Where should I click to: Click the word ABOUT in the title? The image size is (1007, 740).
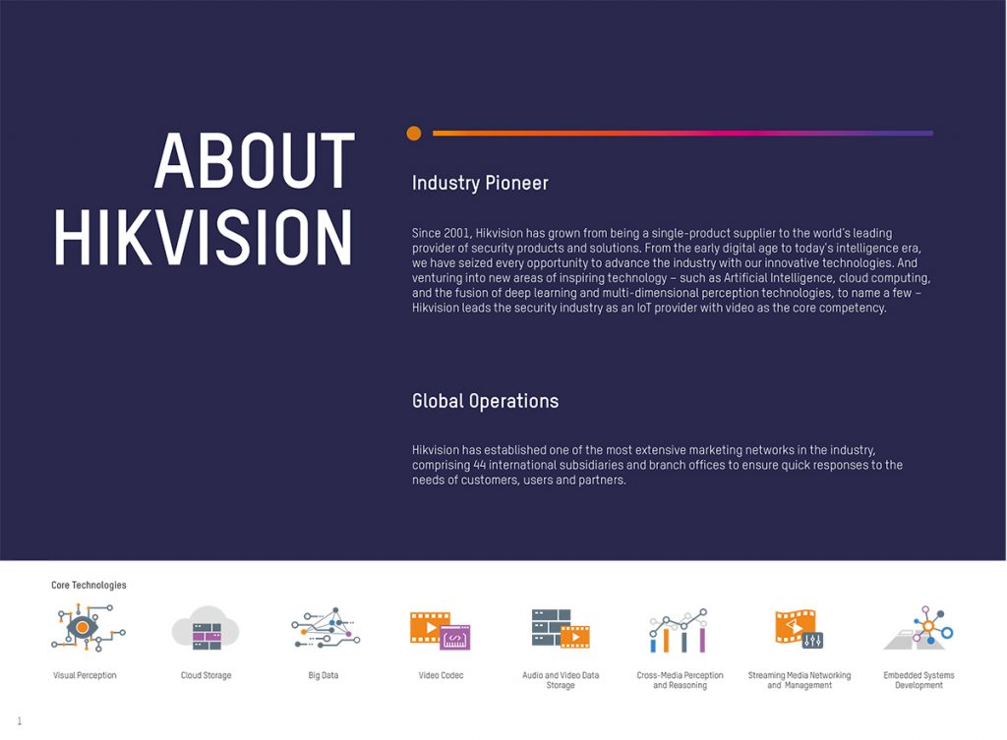pyautogui.click(x=255, y=160)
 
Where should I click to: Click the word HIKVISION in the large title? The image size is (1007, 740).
pyautogui.click(x=204, y=238)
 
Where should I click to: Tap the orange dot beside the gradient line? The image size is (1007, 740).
pyautogui.click(x=414, y=133)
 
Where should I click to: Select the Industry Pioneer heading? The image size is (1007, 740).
pyautogui.click(x=480, y=183)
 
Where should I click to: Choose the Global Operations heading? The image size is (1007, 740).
pyautogui.click(x=485, y=401)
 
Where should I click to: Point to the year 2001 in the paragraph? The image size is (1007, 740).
pyautogui.click(x=456, y=233)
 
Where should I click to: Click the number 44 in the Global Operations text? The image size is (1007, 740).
pyautogui.click(x=479, y=465)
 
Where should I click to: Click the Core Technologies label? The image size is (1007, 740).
pyautogui.click(x=89, y=585)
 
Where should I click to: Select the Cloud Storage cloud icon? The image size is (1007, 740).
pyautogui.click(x=206, y=628)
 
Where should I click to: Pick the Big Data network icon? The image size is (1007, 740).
pyautogui.click(x=326, y=627)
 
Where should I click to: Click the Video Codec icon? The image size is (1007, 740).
pyautogui.click(x=440, y=630)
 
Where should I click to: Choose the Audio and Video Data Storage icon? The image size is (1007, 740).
pyautogui.click(x=560, y=628)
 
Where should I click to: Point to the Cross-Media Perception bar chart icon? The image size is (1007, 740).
pyautogui.click(x=679, y=630)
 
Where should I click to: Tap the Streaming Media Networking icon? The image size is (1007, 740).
pyautogui.click(x=799, y=628)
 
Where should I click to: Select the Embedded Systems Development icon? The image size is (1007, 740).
pyautogui.click(x=919, y=628)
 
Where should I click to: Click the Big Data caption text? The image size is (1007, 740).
pyautogui.click(x=323, y=675)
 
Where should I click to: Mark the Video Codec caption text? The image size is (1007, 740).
pyautogui.click(x=441, y=675)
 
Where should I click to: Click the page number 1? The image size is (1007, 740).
pyautogui.click(x=20, y=720)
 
